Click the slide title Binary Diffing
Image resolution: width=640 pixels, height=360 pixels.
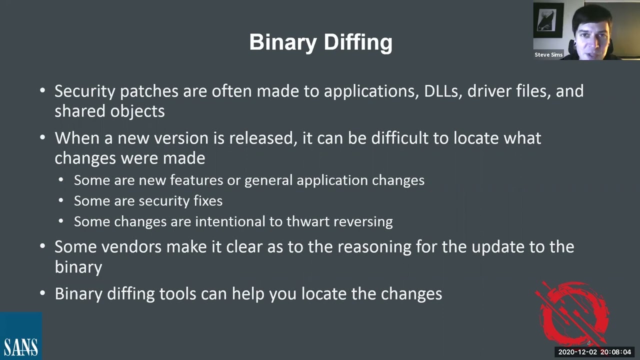320,42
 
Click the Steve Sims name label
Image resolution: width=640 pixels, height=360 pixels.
548,54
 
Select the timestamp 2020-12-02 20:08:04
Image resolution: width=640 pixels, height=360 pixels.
594,352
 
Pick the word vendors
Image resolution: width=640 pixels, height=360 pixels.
132,246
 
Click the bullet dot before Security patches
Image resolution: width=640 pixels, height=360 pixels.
42,91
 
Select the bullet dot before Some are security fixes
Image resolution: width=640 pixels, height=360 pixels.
61,200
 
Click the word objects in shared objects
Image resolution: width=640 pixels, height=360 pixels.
137,111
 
